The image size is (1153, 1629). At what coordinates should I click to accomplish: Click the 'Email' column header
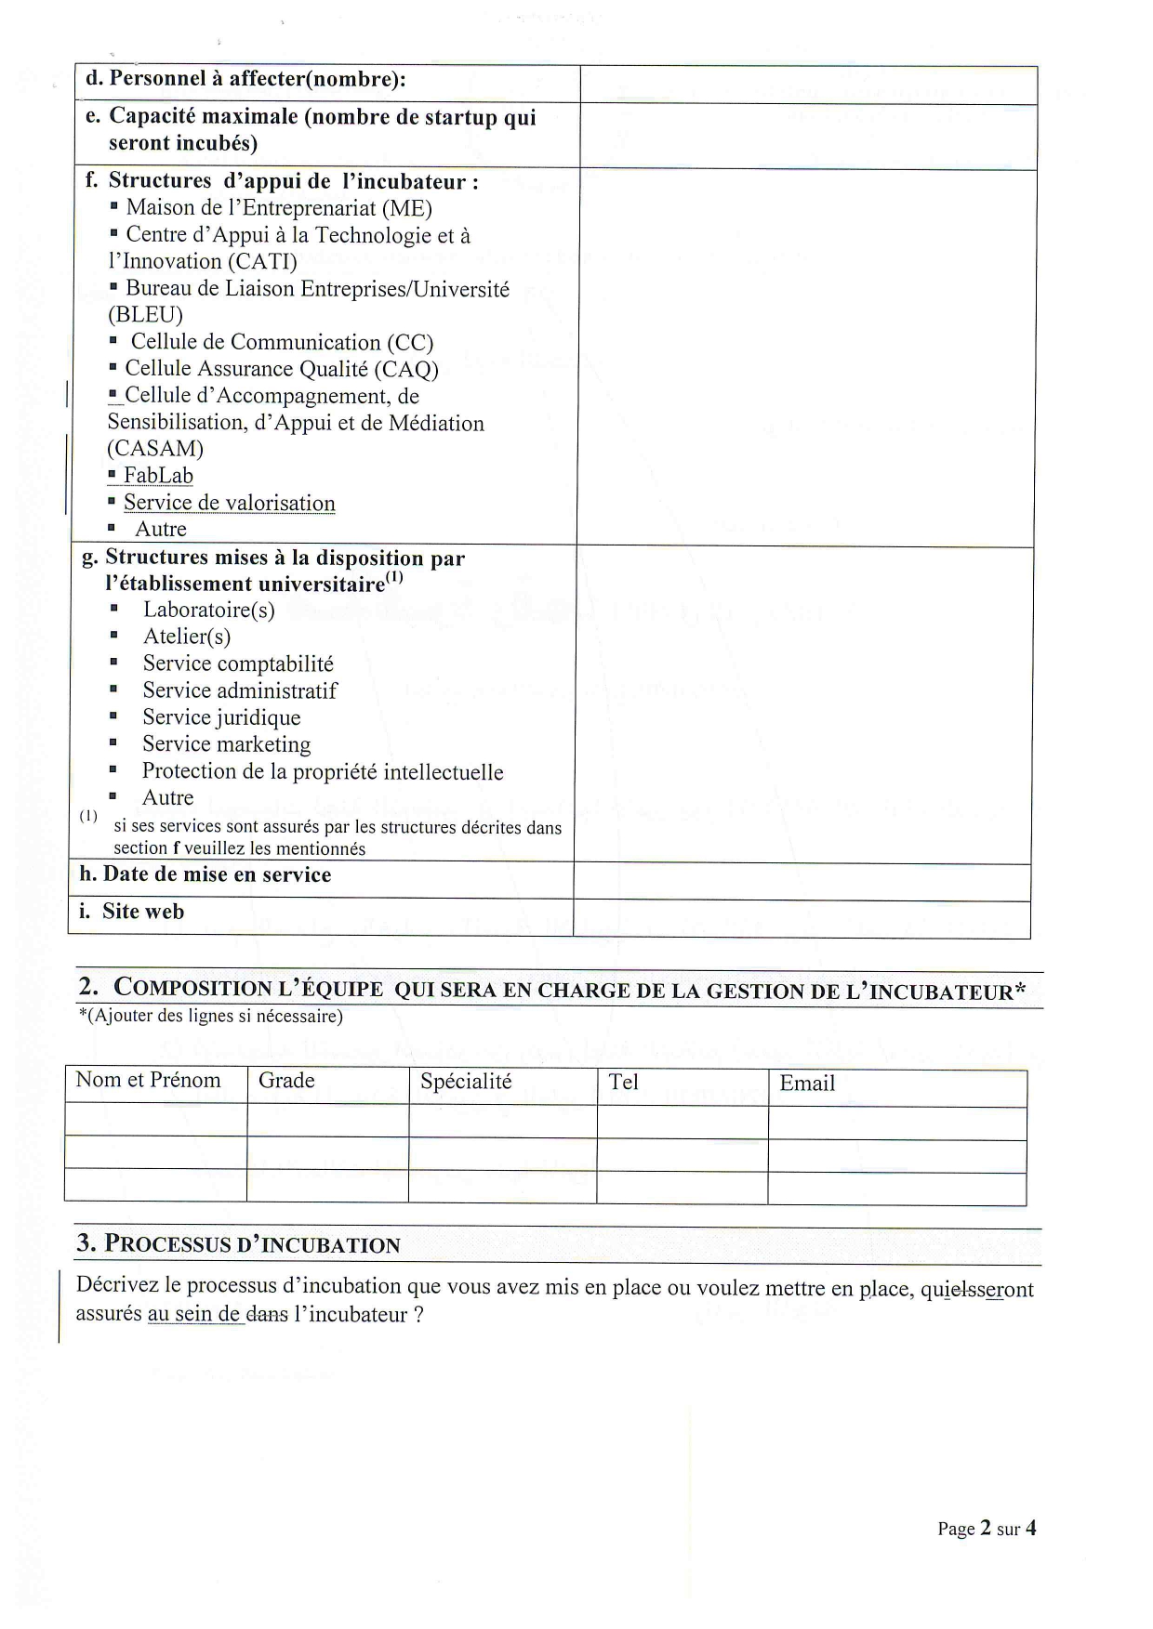point(807,1084)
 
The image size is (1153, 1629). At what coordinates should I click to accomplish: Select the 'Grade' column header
point(286,1081)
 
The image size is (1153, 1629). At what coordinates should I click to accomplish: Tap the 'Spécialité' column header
point(466,1082)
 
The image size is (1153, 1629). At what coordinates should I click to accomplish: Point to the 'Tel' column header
point(623,1083)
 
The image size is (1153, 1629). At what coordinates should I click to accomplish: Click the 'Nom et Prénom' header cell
point(148,1080)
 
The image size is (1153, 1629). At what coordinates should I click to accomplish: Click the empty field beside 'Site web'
point(802,919)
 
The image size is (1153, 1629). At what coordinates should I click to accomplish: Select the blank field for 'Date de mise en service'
point(802,882)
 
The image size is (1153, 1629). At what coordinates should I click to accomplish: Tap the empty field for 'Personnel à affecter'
point(808,84)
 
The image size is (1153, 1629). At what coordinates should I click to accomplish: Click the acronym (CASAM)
point(155,449)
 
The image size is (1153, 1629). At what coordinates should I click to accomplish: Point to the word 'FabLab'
point(158,476)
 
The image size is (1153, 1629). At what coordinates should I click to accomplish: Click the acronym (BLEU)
point(146,315)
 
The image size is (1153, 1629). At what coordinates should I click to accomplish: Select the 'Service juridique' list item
point(221,717)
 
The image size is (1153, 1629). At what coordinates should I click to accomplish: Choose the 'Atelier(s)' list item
point(187,637)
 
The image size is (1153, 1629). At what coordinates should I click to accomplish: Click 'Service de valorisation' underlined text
point(229,503)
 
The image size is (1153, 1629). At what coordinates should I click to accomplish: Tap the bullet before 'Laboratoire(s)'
point(113,610)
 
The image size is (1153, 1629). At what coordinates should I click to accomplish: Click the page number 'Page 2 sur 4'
point(986,1529)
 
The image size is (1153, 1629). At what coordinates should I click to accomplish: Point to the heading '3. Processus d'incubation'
point(239,1244)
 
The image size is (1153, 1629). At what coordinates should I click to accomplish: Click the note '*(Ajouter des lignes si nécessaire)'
point(211,1016)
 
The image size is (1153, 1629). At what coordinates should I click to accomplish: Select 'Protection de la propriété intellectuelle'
point(322,771)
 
